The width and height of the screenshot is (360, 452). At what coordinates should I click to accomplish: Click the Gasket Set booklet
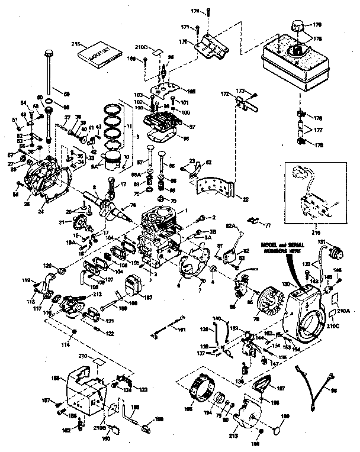(98, 53)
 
